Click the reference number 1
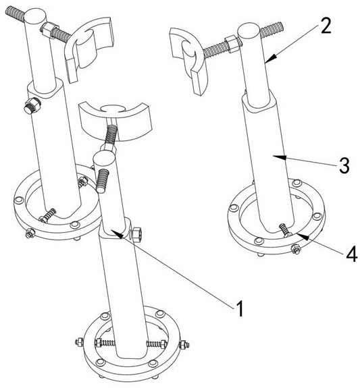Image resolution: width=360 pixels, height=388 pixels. [239, 308]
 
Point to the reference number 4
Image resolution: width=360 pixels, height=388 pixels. [352, 254]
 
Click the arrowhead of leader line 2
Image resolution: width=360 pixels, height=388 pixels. [271, 58]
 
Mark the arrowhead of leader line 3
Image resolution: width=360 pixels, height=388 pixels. [279, 157]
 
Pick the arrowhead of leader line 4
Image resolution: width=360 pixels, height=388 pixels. [304, 237]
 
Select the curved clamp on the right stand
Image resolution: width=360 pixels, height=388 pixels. [188, 61]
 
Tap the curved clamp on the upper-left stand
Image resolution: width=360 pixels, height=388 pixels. [88, 49]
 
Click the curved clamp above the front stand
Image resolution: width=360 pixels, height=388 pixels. [115, 121]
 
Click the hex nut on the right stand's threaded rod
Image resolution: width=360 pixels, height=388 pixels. [232, 44]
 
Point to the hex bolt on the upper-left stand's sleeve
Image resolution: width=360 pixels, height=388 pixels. [32, 105]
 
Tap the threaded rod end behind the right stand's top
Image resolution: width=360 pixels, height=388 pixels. [272, 30]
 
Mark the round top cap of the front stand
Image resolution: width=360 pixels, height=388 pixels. [105, 158]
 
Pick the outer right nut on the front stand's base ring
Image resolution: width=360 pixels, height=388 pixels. [184, 345]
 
